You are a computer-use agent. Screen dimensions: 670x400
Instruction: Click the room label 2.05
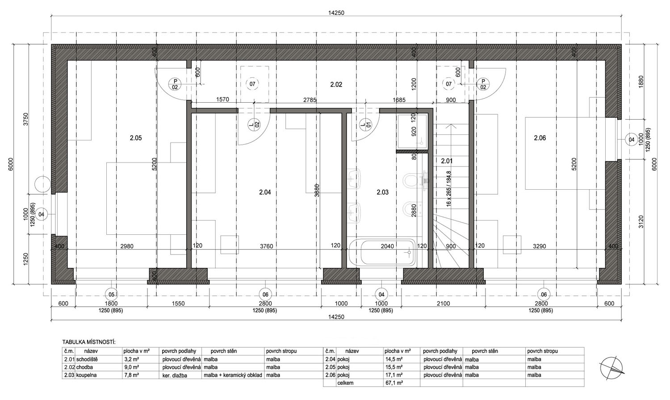tap(136, 138)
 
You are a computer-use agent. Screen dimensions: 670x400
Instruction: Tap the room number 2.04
tap(265, 192)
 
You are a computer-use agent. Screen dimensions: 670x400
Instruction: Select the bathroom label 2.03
tap(382, 192)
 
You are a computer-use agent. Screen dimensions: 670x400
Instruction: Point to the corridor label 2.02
tap(336, 85)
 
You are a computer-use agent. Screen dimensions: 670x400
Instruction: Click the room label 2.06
tap(540, 138)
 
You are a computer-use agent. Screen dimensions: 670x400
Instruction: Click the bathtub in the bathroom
tap(382, 253)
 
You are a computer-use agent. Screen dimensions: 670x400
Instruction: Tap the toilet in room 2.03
tap(411, 180)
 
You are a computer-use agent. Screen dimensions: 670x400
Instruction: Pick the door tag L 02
tap(254, 124)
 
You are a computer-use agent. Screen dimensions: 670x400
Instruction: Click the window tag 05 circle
tap(111, 295)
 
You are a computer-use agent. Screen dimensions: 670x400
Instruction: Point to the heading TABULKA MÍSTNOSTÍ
tap(89, 342)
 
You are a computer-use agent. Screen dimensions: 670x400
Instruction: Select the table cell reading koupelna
tap(87, 375)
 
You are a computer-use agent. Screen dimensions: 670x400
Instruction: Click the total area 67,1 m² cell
tap(394, 383)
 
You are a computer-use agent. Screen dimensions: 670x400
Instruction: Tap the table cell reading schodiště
tap(87, 359)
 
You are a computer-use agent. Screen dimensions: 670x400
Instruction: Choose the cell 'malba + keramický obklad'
tap(233, 375)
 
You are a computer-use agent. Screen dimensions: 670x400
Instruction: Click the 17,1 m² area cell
tap(394, 375)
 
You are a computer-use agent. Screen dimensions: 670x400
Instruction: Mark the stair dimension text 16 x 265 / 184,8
tap(448, 188)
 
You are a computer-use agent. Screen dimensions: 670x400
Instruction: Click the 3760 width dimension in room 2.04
tap(267, 246)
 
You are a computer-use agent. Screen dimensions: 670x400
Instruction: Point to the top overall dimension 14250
tap(336, 13)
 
